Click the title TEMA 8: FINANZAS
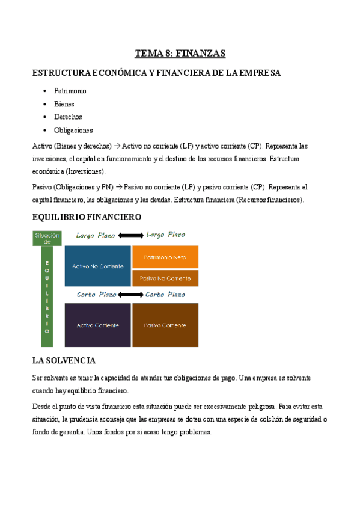[180, 54]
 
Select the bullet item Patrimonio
[70, 91]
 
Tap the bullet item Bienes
[64, 104]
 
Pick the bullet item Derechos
[68, 117]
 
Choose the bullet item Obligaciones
[73, 130]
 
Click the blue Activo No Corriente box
[97, 266]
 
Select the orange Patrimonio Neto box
[165, 257]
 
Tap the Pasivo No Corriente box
[165, 278]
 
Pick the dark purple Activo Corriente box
[97, 325]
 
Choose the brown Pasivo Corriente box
[165, 325]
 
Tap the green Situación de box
[47, 239]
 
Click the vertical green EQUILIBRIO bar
[47, 297]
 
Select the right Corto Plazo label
[165, 295]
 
